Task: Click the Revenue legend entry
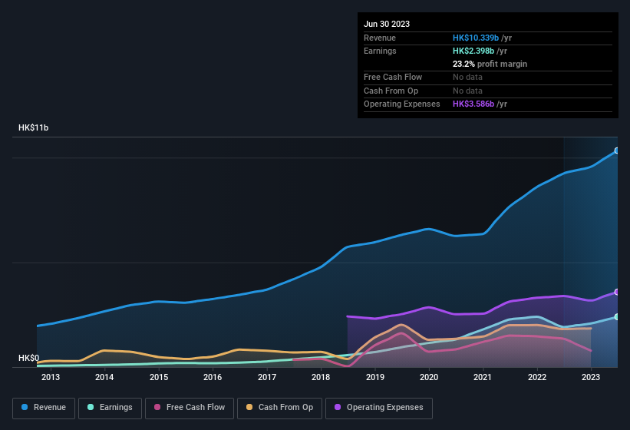point(44,408)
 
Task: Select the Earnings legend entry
point(110,408)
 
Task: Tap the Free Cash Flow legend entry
point(190,408)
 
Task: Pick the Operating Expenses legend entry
point(379,408)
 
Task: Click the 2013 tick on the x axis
point(51,377)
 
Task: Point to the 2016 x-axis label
point(213,377)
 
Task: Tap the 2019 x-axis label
point(375,377)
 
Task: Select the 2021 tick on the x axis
point(483,377)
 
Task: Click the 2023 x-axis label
point(591,377)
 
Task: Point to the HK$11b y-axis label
point(33,128)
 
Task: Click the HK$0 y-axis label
point(28,359)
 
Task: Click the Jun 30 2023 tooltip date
point(387,24)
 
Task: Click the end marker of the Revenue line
point(616,150)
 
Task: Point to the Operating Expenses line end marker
point(616,292)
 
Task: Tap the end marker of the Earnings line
point(616,316)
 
